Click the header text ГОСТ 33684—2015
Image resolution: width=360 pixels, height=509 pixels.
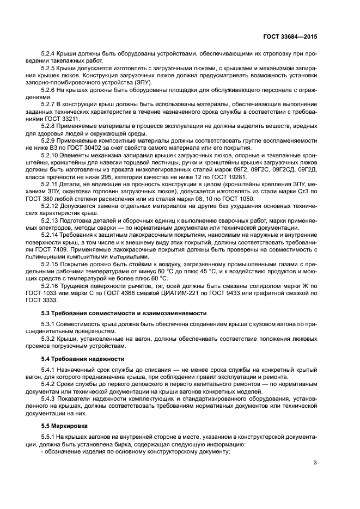point(290,36)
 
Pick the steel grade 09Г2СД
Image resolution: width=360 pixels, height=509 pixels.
point(285,169)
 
